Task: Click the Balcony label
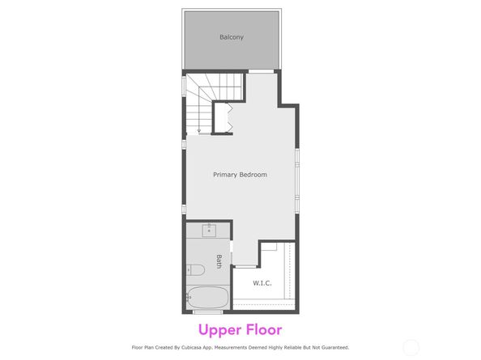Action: (x=231, y=37)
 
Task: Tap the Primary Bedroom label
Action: (x=240, y=175)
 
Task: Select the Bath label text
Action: (x=219, y=261)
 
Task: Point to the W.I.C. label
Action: (x=262, y=283)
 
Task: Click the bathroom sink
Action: (x=209, y=231)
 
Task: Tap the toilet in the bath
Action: (x=193, y=270)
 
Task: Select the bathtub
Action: (x=206, y=298)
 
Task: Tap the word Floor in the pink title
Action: (x=262, y=330)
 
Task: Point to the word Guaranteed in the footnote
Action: (x=330, y=348)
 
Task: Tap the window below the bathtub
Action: (x=208, y=312)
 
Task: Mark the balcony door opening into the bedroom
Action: (x=260, y=73)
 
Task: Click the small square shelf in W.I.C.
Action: (x=270, y=246)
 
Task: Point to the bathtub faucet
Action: (x=189, y=298)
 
